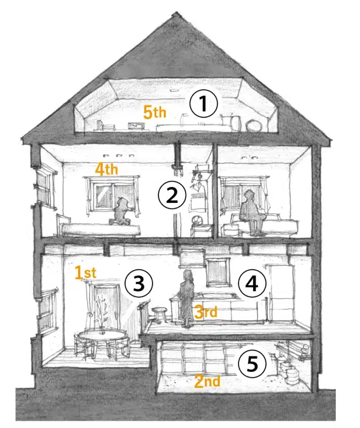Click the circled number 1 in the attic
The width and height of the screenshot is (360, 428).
204,103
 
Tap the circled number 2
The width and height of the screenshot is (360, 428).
172,195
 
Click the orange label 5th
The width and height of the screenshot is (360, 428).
155,112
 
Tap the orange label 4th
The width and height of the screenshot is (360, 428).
106,169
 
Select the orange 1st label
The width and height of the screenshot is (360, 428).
86,273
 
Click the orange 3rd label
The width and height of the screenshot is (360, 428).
206,312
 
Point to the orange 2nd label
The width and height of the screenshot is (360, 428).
207,381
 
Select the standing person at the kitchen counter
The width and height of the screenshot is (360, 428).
186,298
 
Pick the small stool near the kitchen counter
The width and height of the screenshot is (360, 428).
159,314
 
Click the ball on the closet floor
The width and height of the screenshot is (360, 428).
197,220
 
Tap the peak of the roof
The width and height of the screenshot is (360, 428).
177,12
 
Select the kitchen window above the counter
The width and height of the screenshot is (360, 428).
217,271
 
